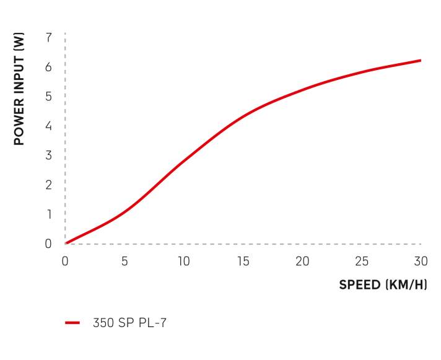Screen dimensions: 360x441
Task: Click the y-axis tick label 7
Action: coord(48,37)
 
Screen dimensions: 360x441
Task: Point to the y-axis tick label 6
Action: coord(48,67)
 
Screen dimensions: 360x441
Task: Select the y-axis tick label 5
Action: coord(48,96)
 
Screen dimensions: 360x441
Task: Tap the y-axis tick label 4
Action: coord(48,126)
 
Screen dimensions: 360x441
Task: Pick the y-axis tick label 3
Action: coord(48,155)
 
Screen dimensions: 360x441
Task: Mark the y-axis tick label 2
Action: coord(48,185)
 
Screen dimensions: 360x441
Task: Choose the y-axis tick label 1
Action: coord(48,214)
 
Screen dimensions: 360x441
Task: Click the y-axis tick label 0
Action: coord(48,244)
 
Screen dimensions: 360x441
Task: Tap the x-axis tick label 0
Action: coord(65,261)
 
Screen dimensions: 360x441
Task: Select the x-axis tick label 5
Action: coord(124,261)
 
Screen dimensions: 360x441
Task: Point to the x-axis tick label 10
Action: coord(183,261)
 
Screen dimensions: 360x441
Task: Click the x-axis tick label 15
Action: coord(243,261)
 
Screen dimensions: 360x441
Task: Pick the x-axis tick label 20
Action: coord(302,261)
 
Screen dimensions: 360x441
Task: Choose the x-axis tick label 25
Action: coord(362,261)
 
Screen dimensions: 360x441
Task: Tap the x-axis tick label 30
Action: coord(421,261)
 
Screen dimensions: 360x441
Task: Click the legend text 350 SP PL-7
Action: coord(130,323)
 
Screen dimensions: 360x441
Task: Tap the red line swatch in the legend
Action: coord(72,323)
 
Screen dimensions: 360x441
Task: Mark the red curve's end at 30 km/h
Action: coord(421,61)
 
